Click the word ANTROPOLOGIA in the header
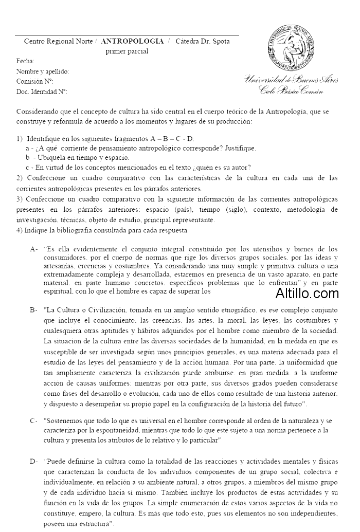tap(133, 41)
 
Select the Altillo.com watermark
tap(307, 293)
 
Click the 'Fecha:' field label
tap(25, 61)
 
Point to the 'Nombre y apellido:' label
tap(43, 71)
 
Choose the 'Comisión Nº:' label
tap(35, 81)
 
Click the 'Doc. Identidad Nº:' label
tap(42, 91)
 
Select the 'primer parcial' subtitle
tap(127, 51)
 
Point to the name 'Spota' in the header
tap(220, 41)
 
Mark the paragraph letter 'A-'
tap(34, 249)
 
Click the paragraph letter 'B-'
tap(34, 310)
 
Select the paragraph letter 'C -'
tap(34, 420)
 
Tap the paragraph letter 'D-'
tap(34, 462)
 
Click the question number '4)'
tap(20, 230)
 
